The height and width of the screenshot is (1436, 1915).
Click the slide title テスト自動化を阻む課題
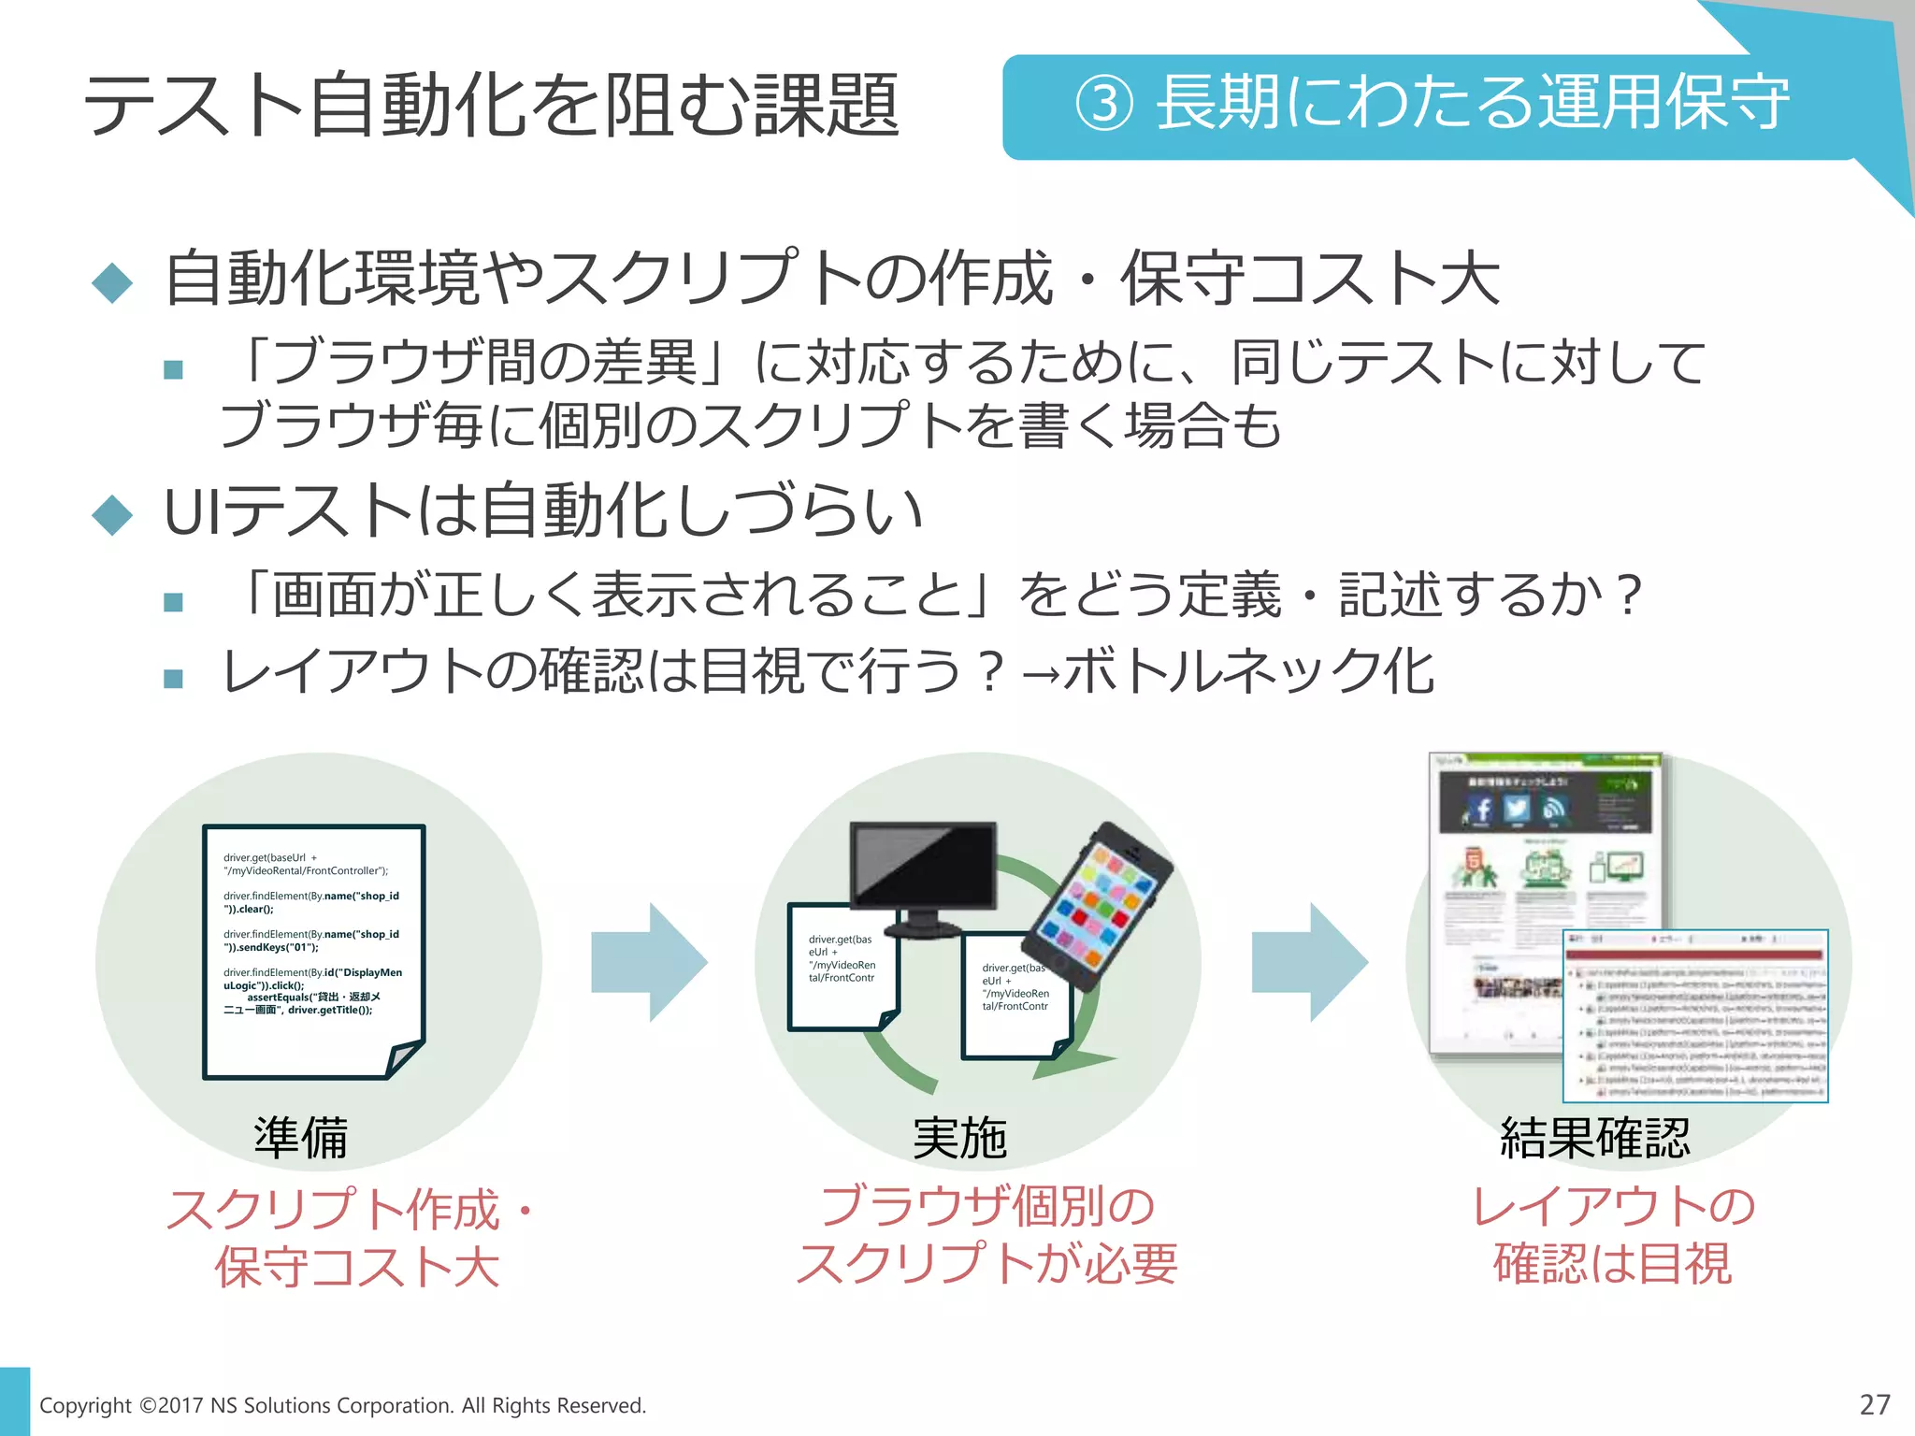(x=492, y=105)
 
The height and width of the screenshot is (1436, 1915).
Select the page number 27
(x=1874, y=1404)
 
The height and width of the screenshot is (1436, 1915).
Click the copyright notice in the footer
(x=342, y=1405)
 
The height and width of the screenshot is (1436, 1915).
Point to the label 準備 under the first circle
(x=301, y=1138)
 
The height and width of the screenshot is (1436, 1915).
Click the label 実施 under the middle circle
(x=960, y=1138)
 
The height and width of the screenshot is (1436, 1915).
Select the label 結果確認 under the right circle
(x=1595, y=1138)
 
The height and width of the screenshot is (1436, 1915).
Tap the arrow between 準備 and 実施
(x=650, y=962)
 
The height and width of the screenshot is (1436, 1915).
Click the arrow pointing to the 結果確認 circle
(x=1310, y=962)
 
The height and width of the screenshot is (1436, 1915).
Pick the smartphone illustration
(x=1099, y=905)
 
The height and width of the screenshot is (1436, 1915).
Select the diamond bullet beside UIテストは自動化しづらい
(x=113, y=513)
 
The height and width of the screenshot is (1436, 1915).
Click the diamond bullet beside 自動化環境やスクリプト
(x=113, y=281)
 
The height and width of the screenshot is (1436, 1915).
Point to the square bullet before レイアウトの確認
(x=173, y=678)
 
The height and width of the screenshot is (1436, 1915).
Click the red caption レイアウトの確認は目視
(x=1613, y=1235)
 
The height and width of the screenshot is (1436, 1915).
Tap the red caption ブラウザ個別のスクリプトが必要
(x=986, y=1235)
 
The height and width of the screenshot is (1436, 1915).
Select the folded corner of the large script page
(x=405, y=1058)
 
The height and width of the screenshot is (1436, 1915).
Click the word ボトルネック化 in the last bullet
(x=1249, y=671)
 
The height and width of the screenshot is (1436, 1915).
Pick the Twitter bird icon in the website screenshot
(x=1517, y=808)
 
